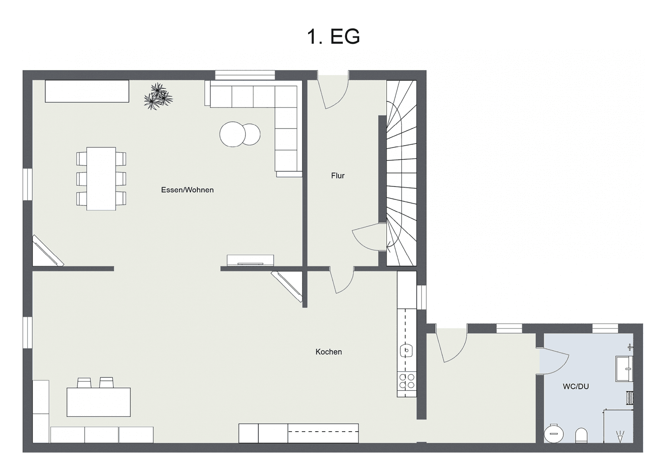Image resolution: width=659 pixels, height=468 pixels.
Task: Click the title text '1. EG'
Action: (333, 36)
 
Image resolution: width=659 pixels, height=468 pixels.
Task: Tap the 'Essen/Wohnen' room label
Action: (187, 190)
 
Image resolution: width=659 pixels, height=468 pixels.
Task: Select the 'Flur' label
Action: (338, 175)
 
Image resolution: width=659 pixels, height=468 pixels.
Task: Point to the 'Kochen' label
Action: (328, 352)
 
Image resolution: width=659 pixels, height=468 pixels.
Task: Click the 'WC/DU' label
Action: (575, 386)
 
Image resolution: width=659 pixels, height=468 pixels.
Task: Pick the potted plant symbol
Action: (158, 97)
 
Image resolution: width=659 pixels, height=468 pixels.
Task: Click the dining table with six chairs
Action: (101, 179)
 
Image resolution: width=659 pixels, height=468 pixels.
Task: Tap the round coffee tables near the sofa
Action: (240, 133)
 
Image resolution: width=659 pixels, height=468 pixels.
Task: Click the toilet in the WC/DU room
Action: (581, 435)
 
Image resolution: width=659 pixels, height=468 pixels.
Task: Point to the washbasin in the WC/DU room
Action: (624, 369)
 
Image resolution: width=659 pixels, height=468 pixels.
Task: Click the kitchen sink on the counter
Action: (407, 349)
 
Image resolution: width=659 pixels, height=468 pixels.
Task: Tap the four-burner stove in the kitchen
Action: (406, 381)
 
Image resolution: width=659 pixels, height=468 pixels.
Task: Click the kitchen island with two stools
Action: (99, 402)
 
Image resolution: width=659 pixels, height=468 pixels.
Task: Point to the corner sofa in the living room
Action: (277, 113)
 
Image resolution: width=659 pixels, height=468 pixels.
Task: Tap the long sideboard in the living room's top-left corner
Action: (87, 91)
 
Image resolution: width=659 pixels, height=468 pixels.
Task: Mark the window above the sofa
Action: (245, 75)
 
